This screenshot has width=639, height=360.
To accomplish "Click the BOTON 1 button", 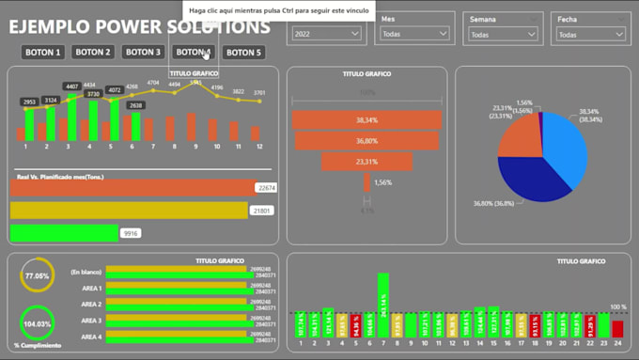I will (43, 53).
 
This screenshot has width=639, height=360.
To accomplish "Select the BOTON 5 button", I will (243, 53).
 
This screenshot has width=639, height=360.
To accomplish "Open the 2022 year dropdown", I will (327, 34).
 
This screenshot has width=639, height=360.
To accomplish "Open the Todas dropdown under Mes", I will (416, 34).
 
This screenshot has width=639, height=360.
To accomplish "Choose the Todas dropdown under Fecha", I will (591, 34).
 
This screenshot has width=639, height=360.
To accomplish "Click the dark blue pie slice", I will (531, 179).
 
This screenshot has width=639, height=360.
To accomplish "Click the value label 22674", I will (266, 188).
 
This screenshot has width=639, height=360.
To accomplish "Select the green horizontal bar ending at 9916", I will (63, 233).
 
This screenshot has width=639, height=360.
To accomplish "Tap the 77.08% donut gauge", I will (37, 276).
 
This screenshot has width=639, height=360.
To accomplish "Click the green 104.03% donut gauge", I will (37, 323).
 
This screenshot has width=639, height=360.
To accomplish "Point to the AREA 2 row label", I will (91, 305).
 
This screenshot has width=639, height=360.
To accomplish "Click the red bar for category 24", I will (617, 328).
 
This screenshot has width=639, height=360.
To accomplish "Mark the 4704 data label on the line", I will (153, 84).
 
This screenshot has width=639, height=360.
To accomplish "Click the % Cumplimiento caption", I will (37, 346).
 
